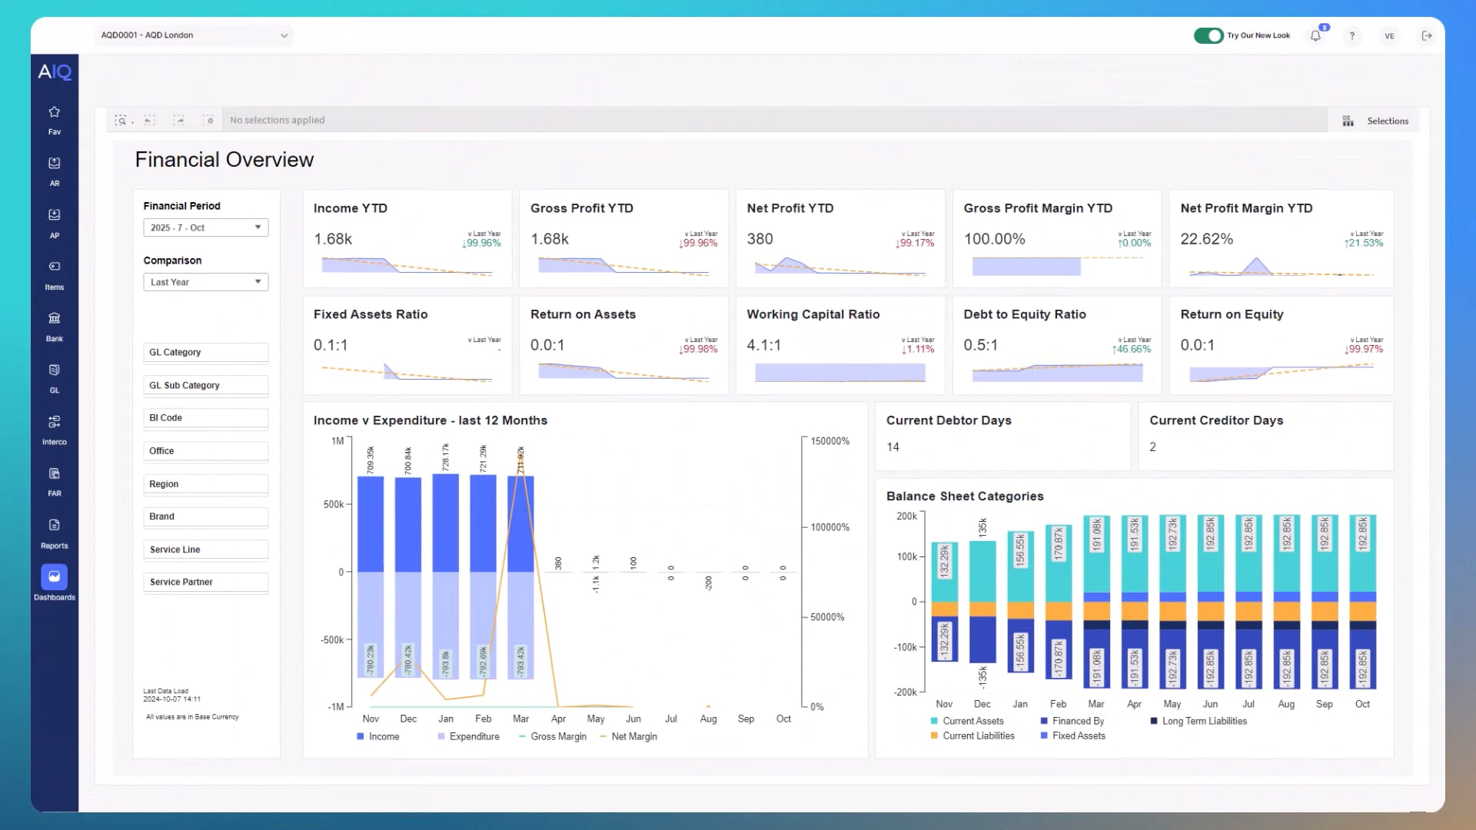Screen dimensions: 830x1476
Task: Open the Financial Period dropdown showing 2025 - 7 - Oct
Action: point(205,227)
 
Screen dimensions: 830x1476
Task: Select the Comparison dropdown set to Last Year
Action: point(205,282)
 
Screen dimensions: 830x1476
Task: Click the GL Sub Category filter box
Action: point(205,385)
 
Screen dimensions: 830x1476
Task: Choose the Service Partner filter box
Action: point(205,582)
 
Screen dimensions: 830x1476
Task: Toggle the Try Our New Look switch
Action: point(1208,35)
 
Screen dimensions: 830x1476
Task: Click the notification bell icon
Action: point(1315,35)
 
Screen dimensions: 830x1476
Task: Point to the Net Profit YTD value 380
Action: point(760,239)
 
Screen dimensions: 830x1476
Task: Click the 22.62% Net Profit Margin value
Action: point(1206,239)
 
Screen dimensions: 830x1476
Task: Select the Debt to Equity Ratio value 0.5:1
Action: point(980,345)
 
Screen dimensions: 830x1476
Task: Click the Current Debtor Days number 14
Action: point(893,447)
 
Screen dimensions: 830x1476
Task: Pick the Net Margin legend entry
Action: point(633,736)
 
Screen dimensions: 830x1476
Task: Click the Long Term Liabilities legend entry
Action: point(1203,721)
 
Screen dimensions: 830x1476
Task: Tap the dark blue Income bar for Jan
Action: point(446,523)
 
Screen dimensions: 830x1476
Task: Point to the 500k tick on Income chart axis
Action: point(334,505)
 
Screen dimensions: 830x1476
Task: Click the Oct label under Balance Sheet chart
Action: point(1361,704)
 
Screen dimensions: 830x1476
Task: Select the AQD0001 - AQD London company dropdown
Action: point(194,35)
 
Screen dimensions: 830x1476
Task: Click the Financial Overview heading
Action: point(224,160)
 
